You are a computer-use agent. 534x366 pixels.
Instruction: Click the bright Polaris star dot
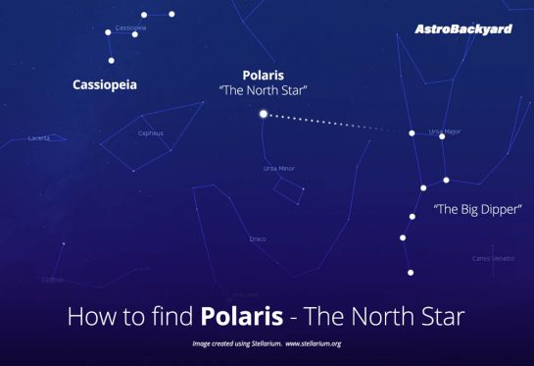[263, 114]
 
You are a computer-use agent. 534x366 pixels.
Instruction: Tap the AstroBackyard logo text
[463, 29]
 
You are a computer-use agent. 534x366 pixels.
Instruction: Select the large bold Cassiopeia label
[105, 85]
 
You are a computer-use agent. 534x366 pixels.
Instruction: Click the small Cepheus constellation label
[150, 132]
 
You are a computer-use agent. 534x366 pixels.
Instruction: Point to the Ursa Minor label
[278, 169]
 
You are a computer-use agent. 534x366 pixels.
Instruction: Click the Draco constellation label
[258, 238]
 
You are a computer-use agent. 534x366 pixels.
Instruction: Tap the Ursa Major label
[444, 131]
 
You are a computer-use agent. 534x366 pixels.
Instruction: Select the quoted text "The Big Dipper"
[477, 209]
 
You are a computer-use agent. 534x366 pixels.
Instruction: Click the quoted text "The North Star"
[264, 90]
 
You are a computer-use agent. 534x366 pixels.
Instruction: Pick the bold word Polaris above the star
[264, 75]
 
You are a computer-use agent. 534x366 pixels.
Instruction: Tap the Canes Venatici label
[493, 258]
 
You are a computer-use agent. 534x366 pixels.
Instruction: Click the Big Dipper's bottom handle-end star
[411, 272]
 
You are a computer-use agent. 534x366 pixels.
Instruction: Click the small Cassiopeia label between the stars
[130, 27]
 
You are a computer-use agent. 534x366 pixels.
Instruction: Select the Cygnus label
[52, 279]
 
